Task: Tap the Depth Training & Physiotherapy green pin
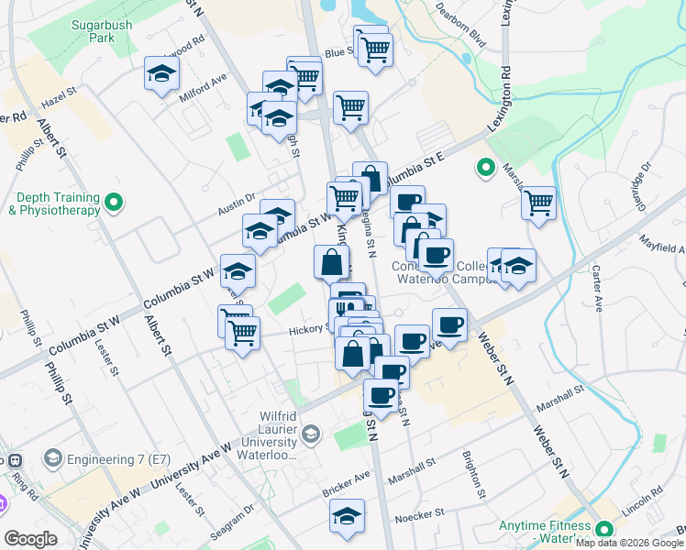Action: point(114,202)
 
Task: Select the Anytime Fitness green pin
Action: point(604,530)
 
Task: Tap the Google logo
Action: point(31,539)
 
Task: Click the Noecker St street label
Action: point(419,514)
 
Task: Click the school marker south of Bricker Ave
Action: point(348,515)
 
